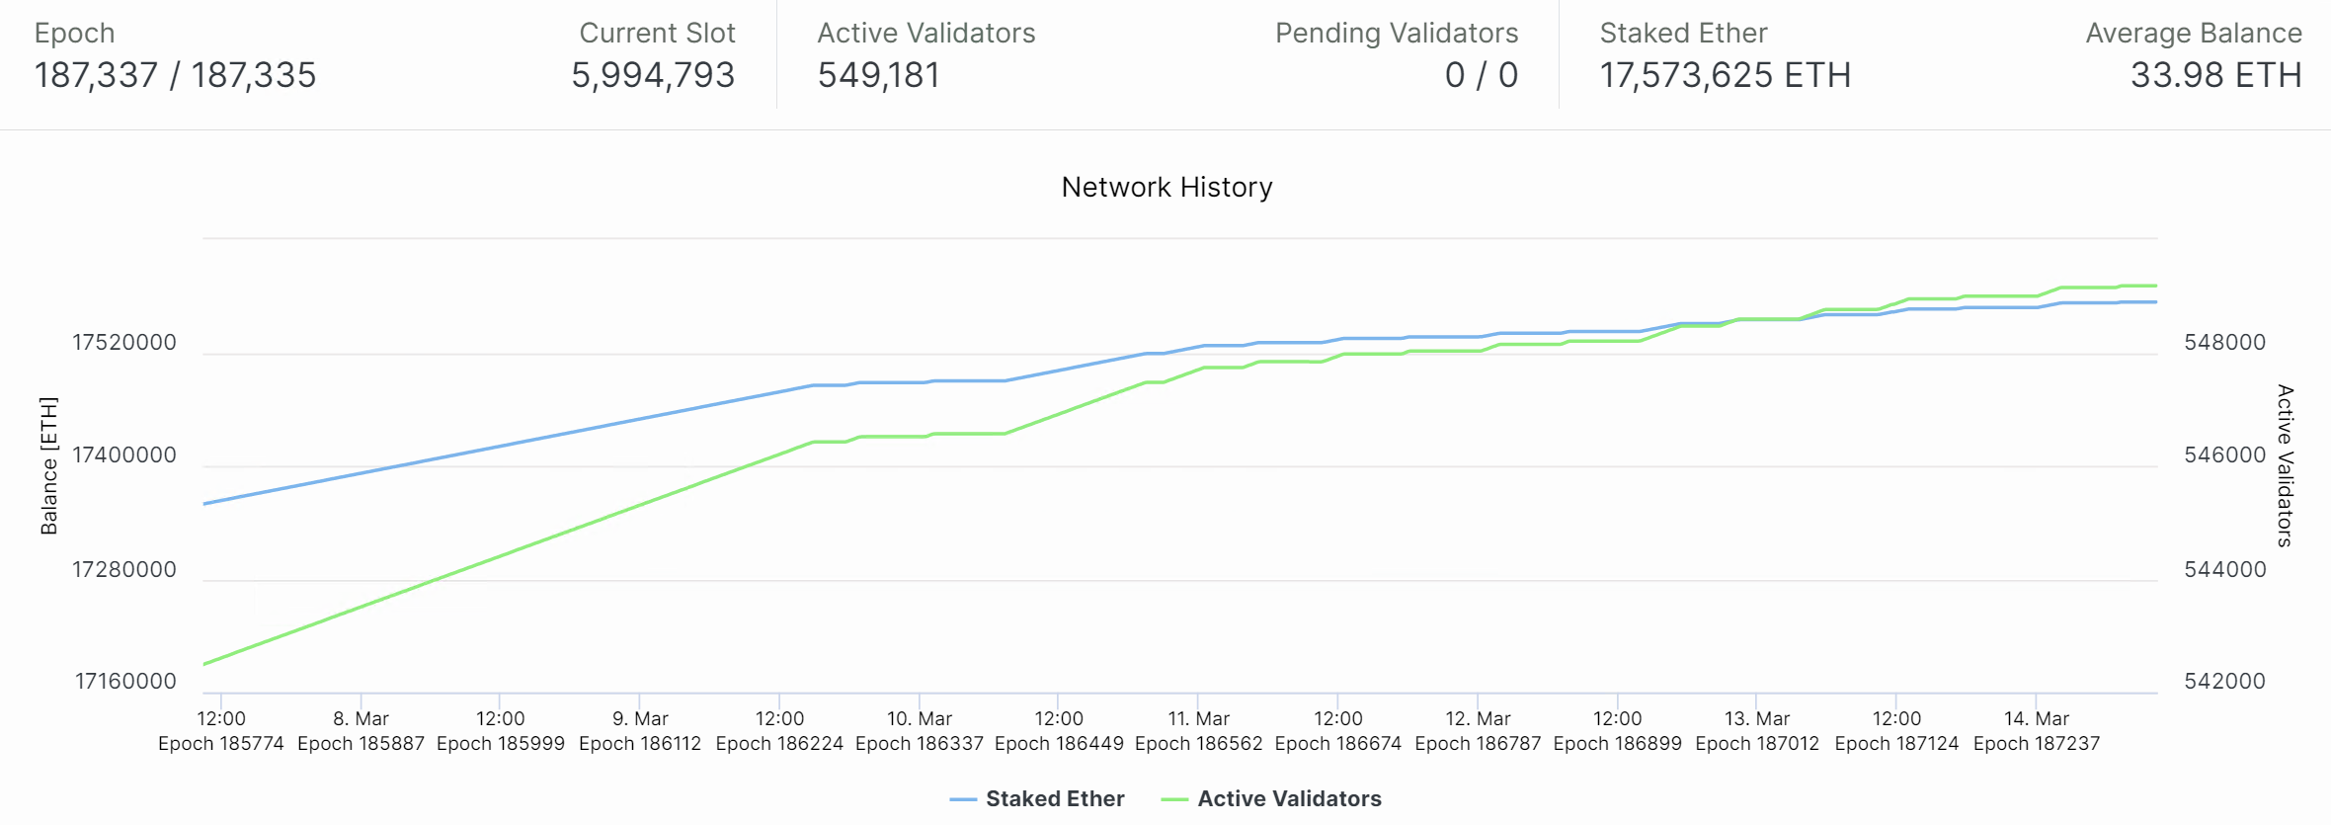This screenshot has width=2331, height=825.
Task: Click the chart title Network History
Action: pyautogui.click(x=1166, y=188)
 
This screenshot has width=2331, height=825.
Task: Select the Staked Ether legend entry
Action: pyautogui.click(x=1054, y=798)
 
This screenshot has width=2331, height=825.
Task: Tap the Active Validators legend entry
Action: pyautogui.click(x=1288, y=798)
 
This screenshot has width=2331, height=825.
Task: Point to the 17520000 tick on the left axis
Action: pyautogui.click(x=124, y=343)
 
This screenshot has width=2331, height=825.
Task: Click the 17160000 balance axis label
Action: pyautogui.click(x=125, y=681)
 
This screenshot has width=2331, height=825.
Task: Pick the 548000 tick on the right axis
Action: pyautogui.click(x=2224, y=343)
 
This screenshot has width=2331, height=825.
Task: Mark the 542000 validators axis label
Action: pyautogui.click(x=2224, y=681)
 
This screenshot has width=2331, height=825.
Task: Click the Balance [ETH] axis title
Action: pyautogui.click(x=49, y=465)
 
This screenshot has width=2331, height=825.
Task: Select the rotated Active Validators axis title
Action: pyautogui.click(x=2285, y=465)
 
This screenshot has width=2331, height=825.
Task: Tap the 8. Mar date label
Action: pyautogui.click(x=361, y=718)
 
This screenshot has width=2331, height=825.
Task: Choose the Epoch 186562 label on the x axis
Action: pyautogui.click(x=1198, y=743)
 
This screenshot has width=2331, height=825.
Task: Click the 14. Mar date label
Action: pyautogui.click(x=2036, y=718)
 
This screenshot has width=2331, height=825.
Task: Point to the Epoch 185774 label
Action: pyautogui.click(x=221, y=743)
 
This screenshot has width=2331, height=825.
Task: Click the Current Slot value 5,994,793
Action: pyautogui.click(x=653, y=75)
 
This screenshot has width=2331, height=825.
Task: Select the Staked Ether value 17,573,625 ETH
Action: pyautogui.click(x=1725, y=75)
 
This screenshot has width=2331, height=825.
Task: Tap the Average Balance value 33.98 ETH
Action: pyautogui.click(x=2215, y=75)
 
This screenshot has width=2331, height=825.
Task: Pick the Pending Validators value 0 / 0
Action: pyautogui.click(x=1481, y=75)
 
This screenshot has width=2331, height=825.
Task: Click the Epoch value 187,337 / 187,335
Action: pyautogui.click(x=175, y=75)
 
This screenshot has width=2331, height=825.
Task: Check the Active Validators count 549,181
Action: pyautogui.click(x=878, y=75)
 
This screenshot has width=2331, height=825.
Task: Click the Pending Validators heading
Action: pyautogui.click(x=1396, y=34)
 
